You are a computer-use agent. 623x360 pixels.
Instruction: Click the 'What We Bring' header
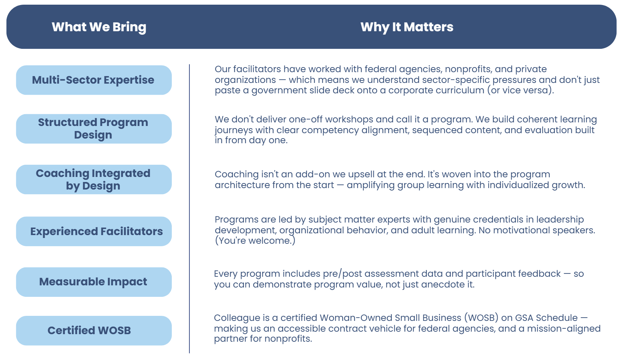click(x=99, y=27)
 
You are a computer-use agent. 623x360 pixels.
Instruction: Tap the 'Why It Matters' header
click(x=407, y=27)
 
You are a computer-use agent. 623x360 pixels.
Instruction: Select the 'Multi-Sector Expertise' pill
click(x=94, y=80)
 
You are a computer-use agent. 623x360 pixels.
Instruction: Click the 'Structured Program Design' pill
click(x=94, y=128)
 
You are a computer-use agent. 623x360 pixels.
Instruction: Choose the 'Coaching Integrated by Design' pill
click(x=94, y=179)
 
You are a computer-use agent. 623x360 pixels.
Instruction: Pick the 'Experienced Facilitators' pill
click(x=94, y=231)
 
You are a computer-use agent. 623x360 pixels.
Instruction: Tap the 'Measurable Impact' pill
click(x=94, y=282)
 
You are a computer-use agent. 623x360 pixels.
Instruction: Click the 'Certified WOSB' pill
click(x=94, y=330)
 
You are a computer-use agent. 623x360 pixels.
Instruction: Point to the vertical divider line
click(x=189, y=208)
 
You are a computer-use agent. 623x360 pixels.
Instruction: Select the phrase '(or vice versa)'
click(x=520, y=90)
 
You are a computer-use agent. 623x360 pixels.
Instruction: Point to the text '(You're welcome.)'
click(x=255, y=240)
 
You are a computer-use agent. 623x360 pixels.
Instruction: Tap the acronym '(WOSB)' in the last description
click(x=481, y=318)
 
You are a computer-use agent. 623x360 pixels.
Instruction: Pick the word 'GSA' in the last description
click(x=524, y=318)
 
